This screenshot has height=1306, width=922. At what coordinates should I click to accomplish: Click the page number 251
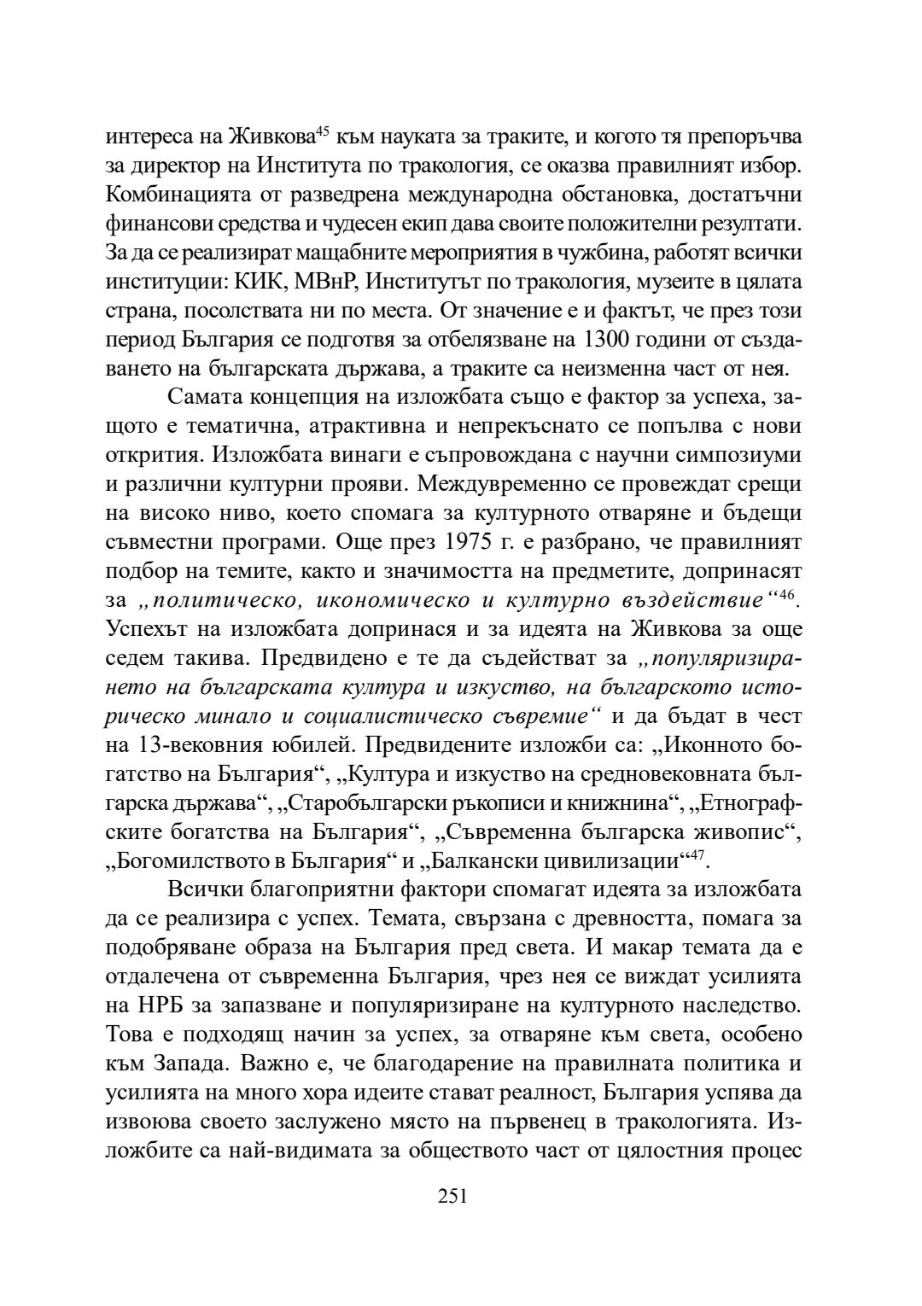[452, 1196]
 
